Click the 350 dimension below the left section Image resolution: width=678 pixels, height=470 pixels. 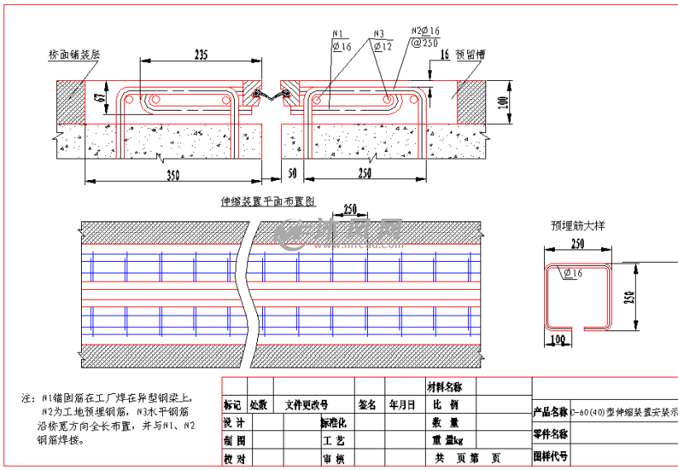pyautogui.click(x=172, y=174)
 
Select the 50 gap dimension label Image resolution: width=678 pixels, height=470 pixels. pyautogui.click(x=291, y=174)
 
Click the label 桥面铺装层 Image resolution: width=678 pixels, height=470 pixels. pyautogui.click(x=74, y=55)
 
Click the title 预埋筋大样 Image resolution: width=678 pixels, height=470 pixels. pyautogui.click(x=580, y=225)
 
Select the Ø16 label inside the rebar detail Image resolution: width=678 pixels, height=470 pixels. pyautogui.click(x=572, y=273)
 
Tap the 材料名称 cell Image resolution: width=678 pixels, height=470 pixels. pyautogui.click(x=444, y=387)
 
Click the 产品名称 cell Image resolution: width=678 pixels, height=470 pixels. pyautogui.click(x=550, y=411)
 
